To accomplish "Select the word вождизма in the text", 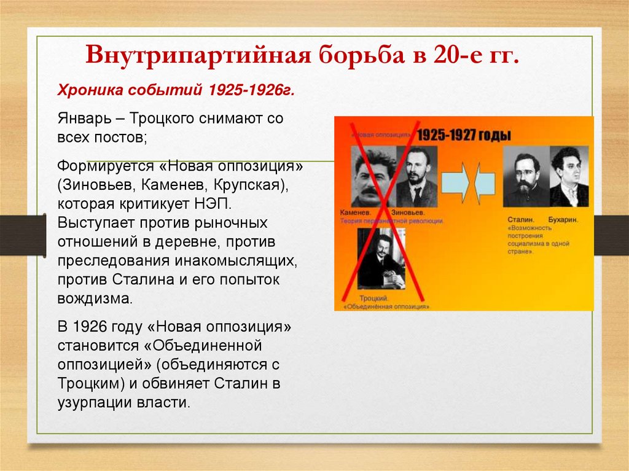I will [95, 300].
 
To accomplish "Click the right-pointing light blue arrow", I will [456, 183].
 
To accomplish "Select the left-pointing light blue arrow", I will [485, 183].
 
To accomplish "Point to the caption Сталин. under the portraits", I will [521, 218].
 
